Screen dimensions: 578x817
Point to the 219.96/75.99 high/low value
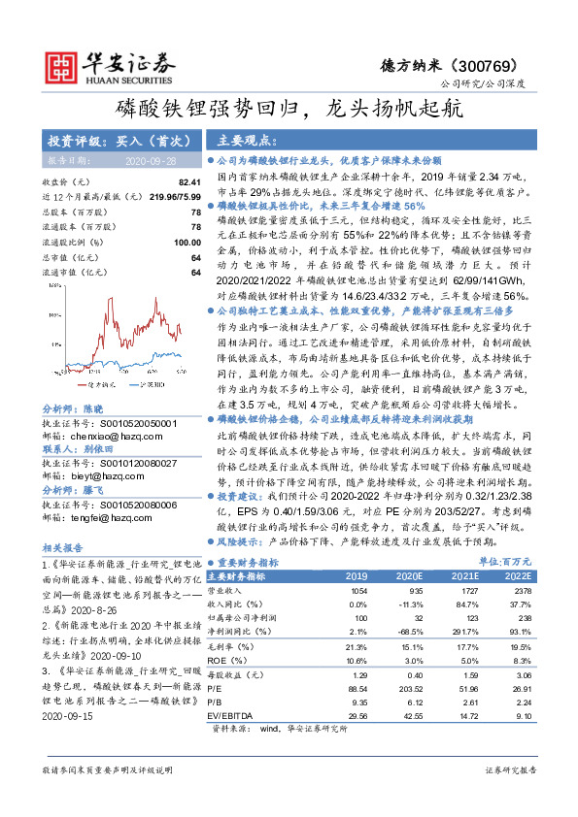[175, 195]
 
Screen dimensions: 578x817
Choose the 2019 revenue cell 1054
[357, 589]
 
